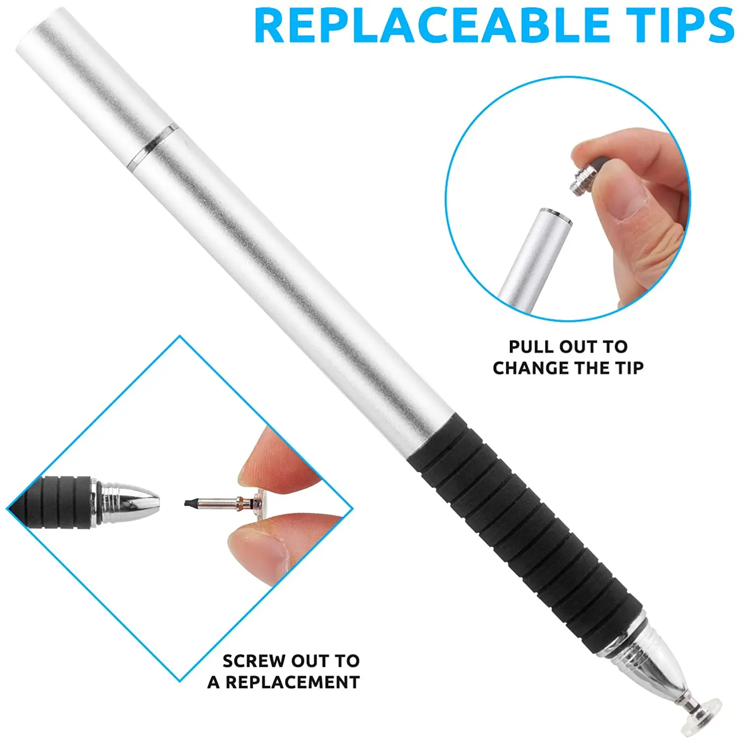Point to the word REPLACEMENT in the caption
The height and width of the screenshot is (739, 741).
(293, 682)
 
